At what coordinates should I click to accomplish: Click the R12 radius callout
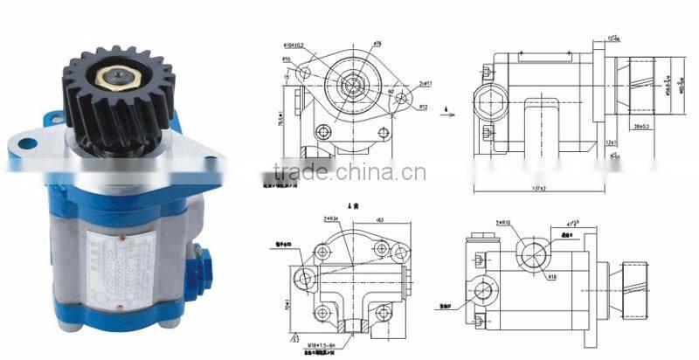[422, 107]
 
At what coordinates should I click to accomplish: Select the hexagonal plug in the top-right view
[484, 93]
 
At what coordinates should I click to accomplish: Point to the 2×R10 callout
[505, 224]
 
